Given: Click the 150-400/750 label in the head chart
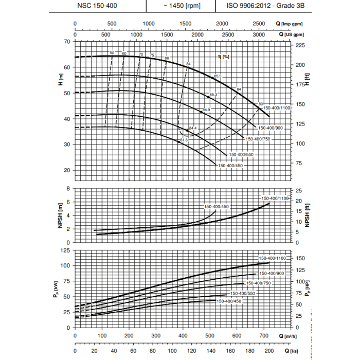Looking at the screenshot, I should point(257,138).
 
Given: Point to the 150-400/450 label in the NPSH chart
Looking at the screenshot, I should point(216,207).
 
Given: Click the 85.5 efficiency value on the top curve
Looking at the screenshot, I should point(218,76).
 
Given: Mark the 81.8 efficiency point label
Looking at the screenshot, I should point(184,140).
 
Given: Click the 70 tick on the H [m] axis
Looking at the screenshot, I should point(67,41).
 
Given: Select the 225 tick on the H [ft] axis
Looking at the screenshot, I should point(301,45).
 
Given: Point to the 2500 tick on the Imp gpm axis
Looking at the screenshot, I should point(259,24).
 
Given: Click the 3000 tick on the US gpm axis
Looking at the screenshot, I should point(260,34).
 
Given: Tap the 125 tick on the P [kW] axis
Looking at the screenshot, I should point(65,250).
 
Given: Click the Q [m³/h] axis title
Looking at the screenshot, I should point(292,336).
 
